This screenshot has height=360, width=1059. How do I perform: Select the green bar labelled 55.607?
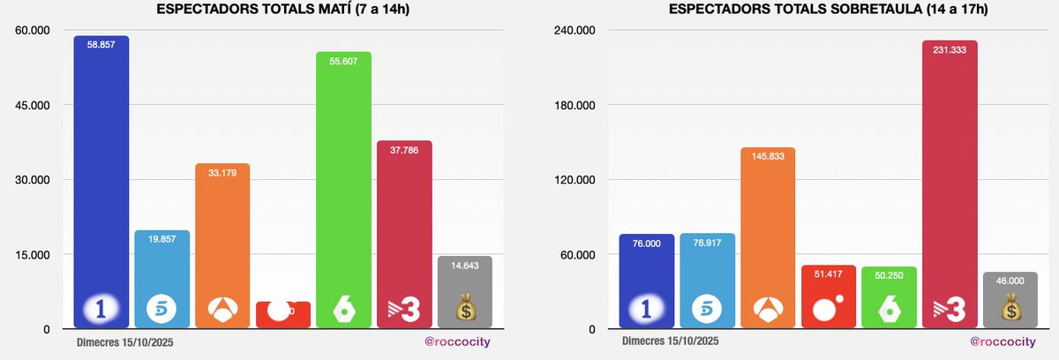[x=343, y=176]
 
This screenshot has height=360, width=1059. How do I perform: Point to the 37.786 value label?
[x=404, y=149]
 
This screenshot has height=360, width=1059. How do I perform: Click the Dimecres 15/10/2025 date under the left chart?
[x=124, y=341]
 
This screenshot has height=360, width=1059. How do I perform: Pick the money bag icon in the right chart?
[x=1010, y=309]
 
